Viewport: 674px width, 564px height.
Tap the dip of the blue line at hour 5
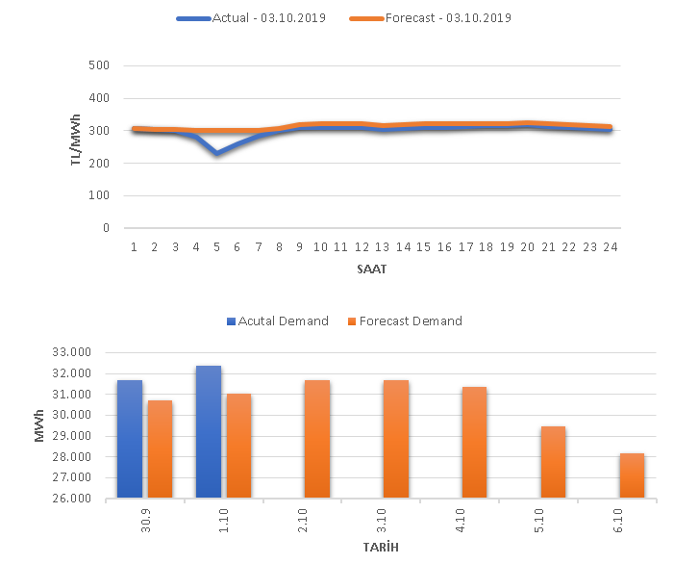[x=217, y=152]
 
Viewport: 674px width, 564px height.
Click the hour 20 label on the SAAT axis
[x=527, y=246]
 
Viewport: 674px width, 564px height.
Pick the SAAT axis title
[x=371, y=269]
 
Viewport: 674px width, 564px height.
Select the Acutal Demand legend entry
[x=280, y=320]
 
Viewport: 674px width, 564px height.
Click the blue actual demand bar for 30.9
[x=129, y=439]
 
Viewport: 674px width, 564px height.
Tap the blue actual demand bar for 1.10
[x=208, y=432]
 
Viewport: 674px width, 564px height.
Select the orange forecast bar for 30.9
[x=160, y=449]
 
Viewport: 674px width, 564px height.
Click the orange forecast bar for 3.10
[x=395, y=439]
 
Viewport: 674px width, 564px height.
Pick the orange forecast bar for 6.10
[x=632, y=475]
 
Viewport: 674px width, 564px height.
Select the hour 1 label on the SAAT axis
[x=135, y=246]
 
